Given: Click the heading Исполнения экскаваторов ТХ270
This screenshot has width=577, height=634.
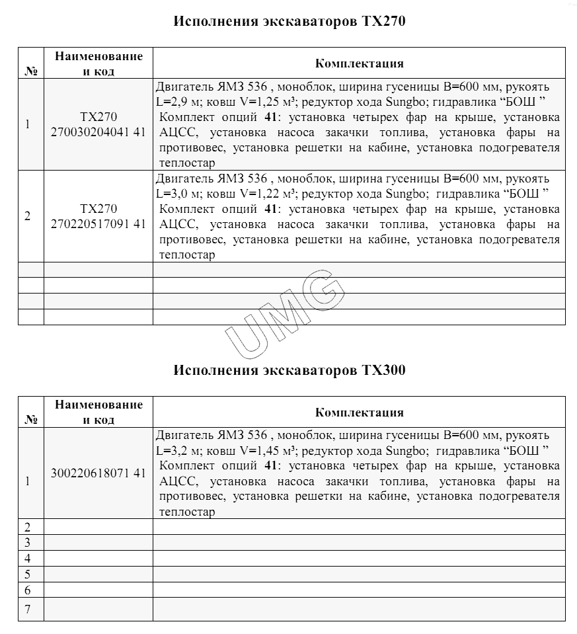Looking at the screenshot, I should click(289, 21).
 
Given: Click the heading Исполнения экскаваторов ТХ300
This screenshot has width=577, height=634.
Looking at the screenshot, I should click(289, 370).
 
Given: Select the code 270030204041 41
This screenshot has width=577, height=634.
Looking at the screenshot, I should click(98, 132).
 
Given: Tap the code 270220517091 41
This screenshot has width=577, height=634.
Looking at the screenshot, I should click(98, 223).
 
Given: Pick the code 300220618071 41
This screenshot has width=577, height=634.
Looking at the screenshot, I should click(98, 473).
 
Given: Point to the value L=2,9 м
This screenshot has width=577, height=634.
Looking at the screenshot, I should click(176, 102).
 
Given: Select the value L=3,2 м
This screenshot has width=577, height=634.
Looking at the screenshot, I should click(176, 452).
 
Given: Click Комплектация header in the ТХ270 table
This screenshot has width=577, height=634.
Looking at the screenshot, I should click(359, 63).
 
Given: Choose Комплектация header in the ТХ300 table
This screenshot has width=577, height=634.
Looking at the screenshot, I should click(359, 413).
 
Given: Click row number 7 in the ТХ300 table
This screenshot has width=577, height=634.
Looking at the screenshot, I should click(28, 609).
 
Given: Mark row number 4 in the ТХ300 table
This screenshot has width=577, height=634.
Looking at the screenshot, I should click(28, 557).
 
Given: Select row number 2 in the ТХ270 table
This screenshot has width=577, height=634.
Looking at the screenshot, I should click(27, 216).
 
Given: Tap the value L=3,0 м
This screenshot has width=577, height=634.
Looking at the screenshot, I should click(176, 194).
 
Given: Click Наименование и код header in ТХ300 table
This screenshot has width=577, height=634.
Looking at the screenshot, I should click(98, 412).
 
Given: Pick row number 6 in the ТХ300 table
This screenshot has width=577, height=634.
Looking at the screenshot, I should click(28, 590).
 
